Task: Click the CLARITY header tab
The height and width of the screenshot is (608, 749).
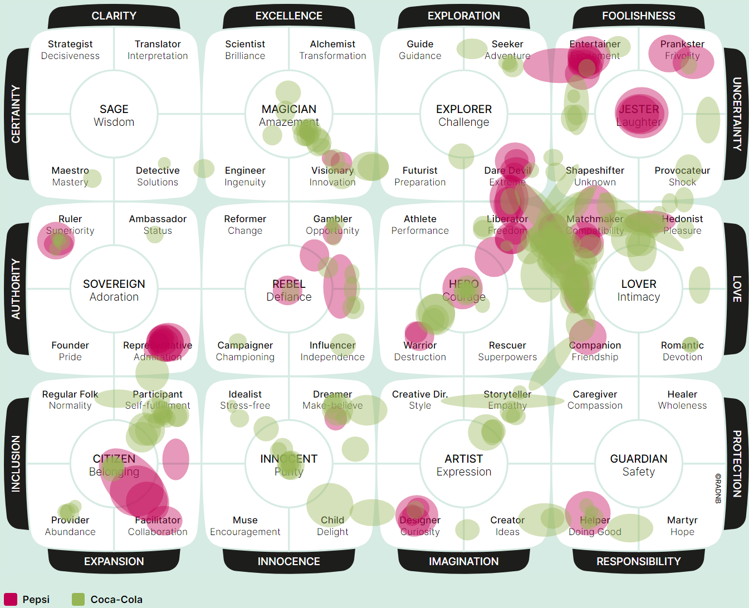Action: (114, 16)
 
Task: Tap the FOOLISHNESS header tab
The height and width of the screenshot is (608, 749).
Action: (638, 16)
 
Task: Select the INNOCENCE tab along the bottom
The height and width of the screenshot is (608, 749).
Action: (288, 561)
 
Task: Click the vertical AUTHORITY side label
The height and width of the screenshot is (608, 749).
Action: (16, 288)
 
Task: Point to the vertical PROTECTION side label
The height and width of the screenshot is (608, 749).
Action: (736, 463)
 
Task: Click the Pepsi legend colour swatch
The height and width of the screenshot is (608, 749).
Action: (10, 599)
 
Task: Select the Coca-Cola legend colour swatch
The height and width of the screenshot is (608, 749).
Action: (78, 599)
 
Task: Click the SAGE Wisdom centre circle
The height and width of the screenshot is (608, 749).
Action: (114, 115)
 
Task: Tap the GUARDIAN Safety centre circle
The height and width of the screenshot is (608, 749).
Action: (638, 464)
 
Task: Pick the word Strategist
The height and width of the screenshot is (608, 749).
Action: (70, 44)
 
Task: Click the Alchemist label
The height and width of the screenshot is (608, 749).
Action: (332, 44)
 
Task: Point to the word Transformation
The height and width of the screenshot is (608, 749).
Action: (332, 56)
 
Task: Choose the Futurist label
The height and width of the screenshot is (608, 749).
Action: (420, 170)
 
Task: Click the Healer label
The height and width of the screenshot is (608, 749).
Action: (682, 394)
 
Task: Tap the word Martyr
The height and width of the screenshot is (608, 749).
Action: (682, 520)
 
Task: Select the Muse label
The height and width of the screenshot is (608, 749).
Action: (245, 520)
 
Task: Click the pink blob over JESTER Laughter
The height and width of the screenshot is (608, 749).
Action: (640, 113)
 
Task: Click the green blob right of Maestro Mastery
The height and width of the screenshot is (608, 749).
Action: (93, 178)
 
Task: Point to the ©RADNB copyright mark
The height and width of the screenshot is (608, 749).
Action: (718, 488)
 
